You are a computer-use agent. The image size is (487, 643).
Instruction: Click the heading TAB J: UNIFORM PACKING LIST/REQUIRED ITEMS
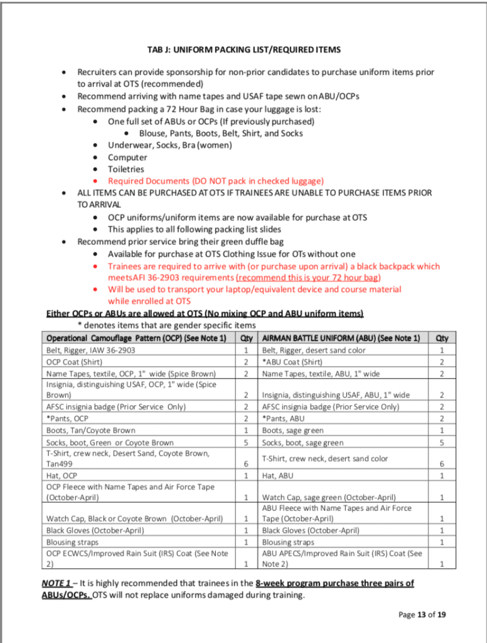(x=243, y=50)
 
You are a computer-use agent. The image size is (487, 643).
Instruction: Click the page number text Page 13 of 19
(x=422, y=614)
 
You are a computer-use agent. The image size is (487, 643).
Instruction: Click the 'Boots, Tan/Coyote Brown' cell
(x=90, y=430)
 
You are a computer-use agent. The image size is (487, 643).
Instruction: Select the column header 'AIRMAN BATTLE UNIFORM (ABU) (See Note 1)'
(x=341, y=338)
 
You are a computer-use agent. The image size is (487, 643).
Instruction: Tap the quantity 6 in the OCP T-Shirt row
(x=246, y=463)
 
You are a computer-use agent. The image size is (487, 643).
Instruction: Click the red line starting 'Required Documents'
(x=215, y=181)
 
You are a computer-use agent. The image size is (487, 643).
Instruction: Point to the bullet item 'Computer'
(x=127, y=157)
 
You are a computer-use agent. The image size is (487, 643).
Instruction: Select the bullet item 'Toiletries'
(x=126, y=169)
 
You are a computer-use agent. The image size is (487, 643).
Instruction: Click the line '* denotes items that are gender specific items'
(x=166, y=325)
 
